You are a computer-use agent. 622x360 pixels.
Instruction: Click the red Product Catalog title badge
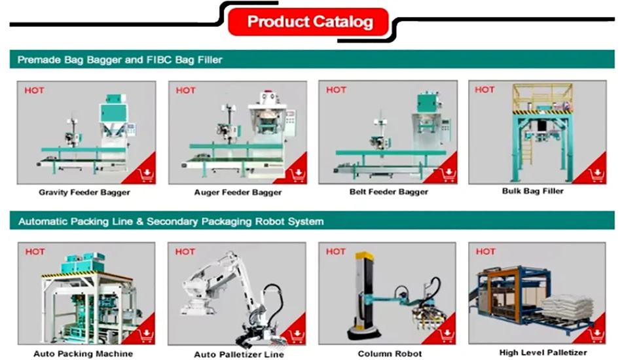click(309, 22)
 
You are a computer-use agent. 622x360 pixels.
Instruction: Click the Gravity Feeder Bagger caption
click(84, 193)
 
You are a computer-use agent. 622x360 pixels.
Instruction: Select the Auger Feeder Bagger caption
click(238, 193)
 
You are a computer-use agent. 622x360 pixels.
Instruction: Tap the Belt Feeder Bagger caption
click(389, 192)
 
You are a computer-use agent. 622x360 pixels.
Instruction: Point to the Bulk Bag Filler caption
click(532, 192)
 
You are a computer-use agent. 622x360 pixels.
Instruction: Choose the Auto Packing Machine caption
click(83, 353)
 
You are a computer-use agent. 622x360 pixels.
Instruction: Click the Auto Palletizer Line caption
click(239, 355)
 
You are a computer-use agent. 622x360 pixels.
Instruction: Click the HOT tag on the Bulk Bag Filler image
click(485, 90)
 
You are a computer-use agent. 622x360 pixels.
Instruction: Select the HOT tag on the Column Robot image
click(336, 251)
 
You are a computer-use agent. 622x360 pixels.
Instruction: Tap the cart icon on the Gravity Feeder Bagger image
click(146, 173)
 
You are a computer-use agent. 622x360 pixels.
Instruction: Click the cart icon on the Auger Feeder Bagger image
click(298, 173)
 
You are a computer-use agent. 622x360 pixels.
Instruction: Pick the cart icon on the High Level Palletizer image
click(596, 334)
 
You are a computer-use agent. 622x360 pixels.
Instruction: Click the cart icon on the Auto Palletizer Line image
click(298, 335)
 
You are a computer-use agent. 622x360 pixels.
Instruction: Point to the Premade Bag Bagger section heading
click(120, 60)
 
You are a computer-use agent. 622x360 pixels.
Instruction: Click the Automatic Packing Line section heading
click(171, 222)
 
